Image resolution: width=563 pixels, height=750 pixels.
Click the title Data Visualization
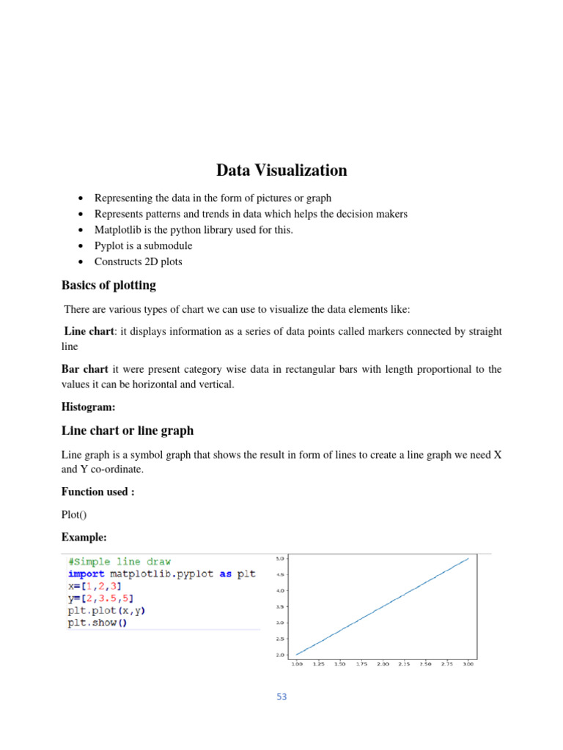tap(281, 171)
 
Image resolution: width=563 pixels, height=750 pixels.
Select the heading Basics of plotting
tap(108, 285)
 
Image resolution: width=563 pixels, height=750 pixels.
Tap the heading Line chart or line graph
tap(128, 430)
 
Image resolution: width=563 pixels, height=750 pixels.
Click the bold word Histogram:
tap(89, 406)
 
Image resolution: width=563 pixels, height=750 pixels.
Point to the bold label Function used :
tap(97, 491)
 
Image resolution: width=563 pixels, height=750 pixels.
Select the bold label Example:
tap(85, 538)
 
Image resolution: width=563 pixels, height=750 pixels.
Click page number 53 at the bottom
tap(281, 697)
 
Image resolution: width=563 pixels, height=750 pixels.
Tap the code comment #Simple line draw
tap(119, 562)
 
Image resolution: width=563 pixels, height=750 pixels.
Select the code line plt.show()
tap(97, 623)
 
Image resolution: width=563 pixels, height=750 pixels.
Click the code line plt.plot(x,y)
tap(100, 611)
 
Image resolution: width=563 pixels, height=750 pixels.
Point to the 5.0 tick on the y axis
tap(279, 558)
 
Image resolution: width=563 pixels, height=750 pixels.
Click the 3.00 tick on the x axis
tap(468, 664)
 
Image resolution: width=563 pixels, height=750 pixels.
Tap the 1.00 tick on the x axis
tap(297, 664)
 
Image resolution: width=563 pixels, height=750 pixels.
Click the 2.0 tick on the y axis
tap(279, 655)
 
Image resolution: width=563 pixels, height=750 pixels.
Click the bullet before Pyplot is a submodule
tap(79, 245)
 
